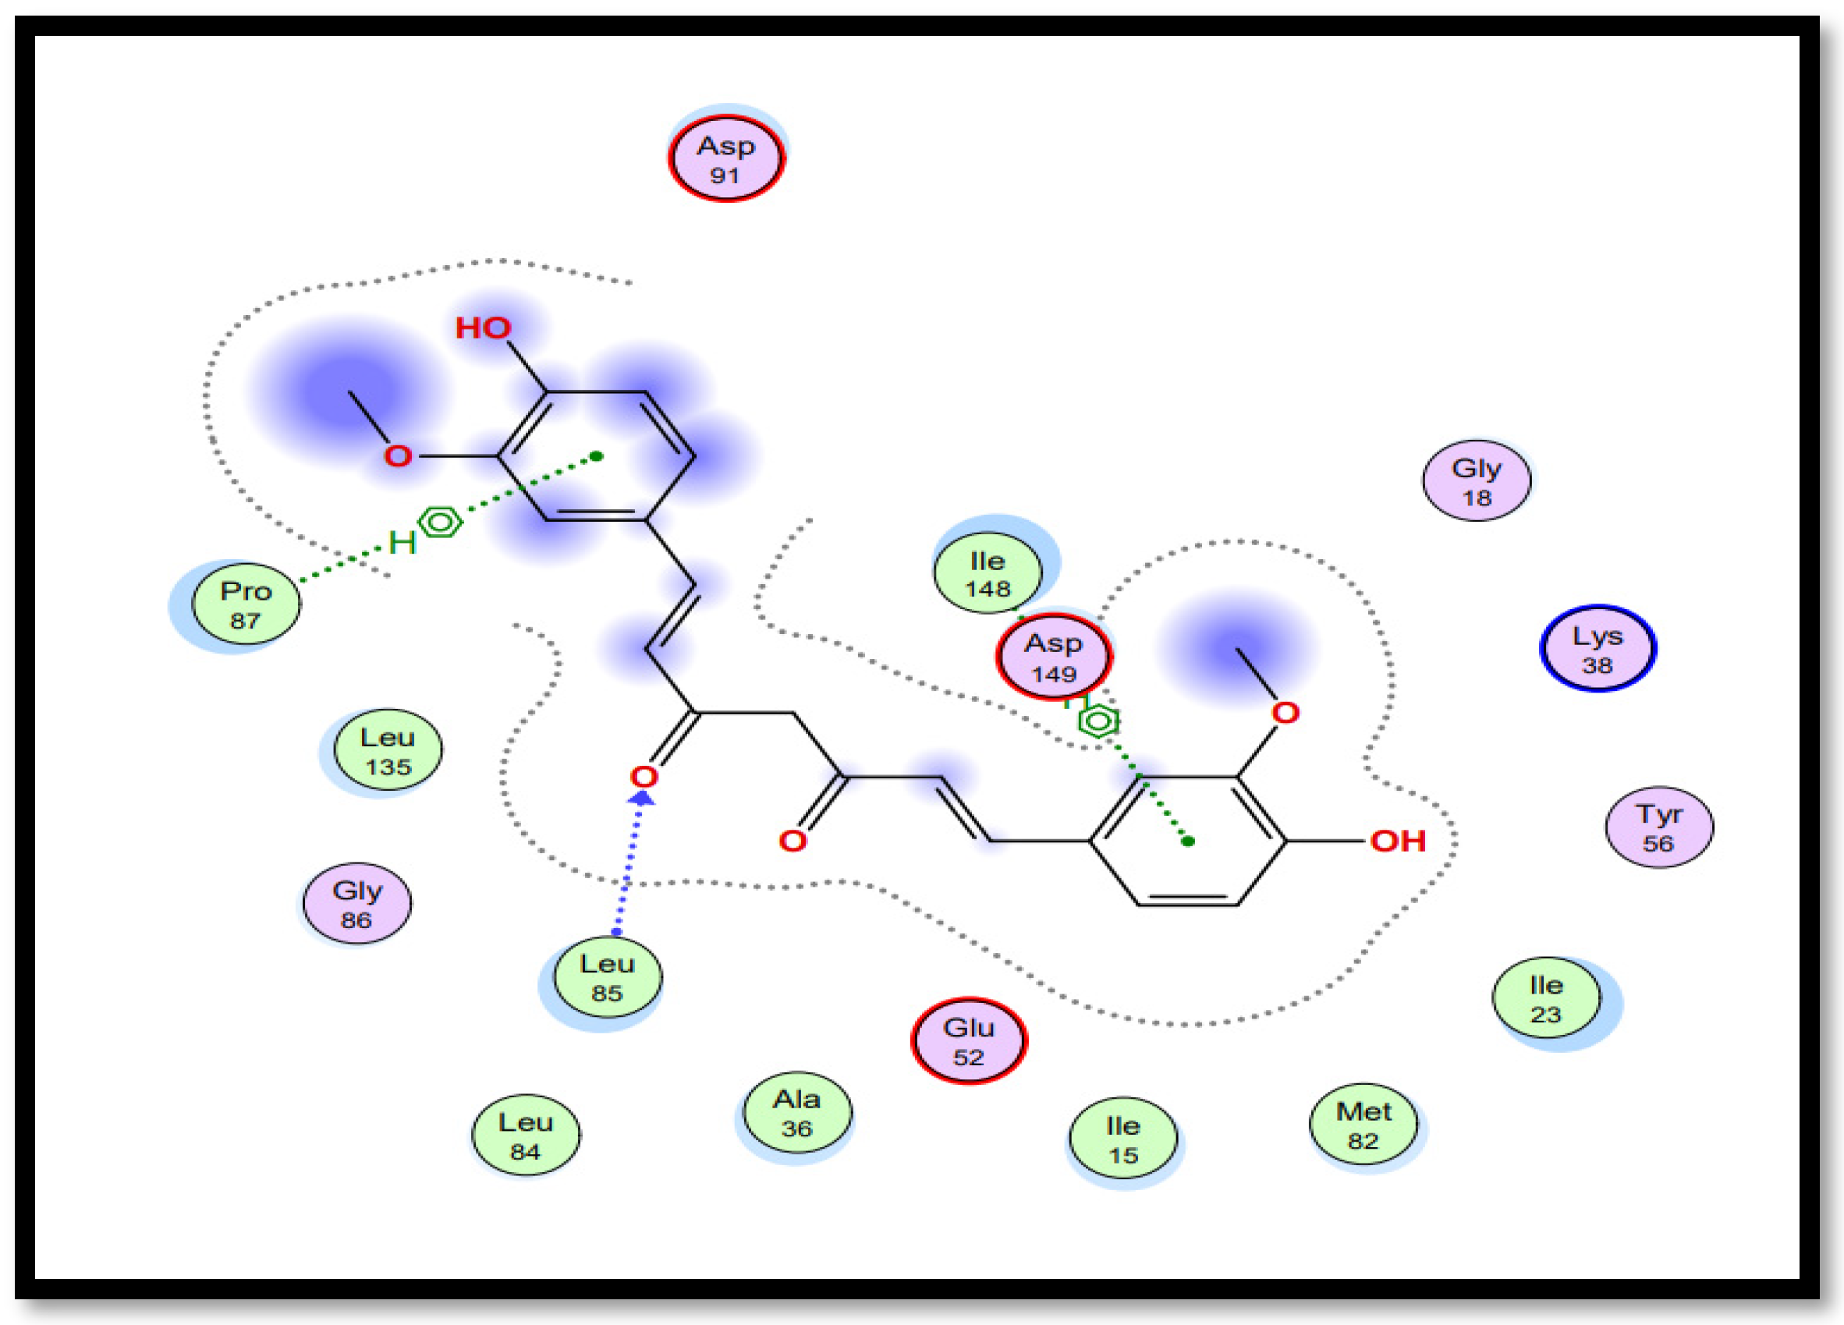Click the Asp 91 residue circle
pyautogui.click(x=725, y=159)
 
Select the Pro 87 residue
pyautogui.click(x=246, y=604)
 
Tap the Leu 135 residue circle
pyautogui.click(x=388, y=750)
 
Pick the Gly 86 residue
pyautogui.click(x=357, y=904)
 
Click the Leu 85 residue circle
pyautogui.click(x=608, y=977)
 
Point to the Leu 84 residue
pyautogui.click(x=525, y=1135)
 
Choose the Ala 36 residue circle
pyautogui.click(x=796, y=1113)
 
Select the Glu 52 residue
pyautogui.click(x=968, y=1041)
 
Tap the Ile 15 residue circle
pyautogui.click(x=1122, y=1139)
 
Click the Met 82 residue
pyautogui.click(x=1363, y=1125)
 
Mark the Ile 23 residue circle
pyautogui.click(x=1545, y=999)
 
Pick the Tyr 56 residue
pyautogui.click(x=1658, y=827)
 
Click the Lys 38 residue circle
pyautogui.click(x=1598, y=650)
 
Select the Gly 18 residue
pyautogui.click(x=1477, y=481)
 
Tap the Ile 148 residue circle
pyautogui.click(x=987, y=574)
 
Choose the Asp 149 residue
pyautogui.click(x=1054, y=657)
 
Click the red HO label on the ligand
pyautogui.click(x=483, y=328)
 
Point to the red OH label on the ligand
pyautogui.click(x=1398, y=841)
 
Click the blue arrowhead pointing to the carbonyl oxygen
pyautogui.click(x=642, y=799)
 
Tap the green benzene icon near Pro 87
pyautogui.click(x=440, y=522)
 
